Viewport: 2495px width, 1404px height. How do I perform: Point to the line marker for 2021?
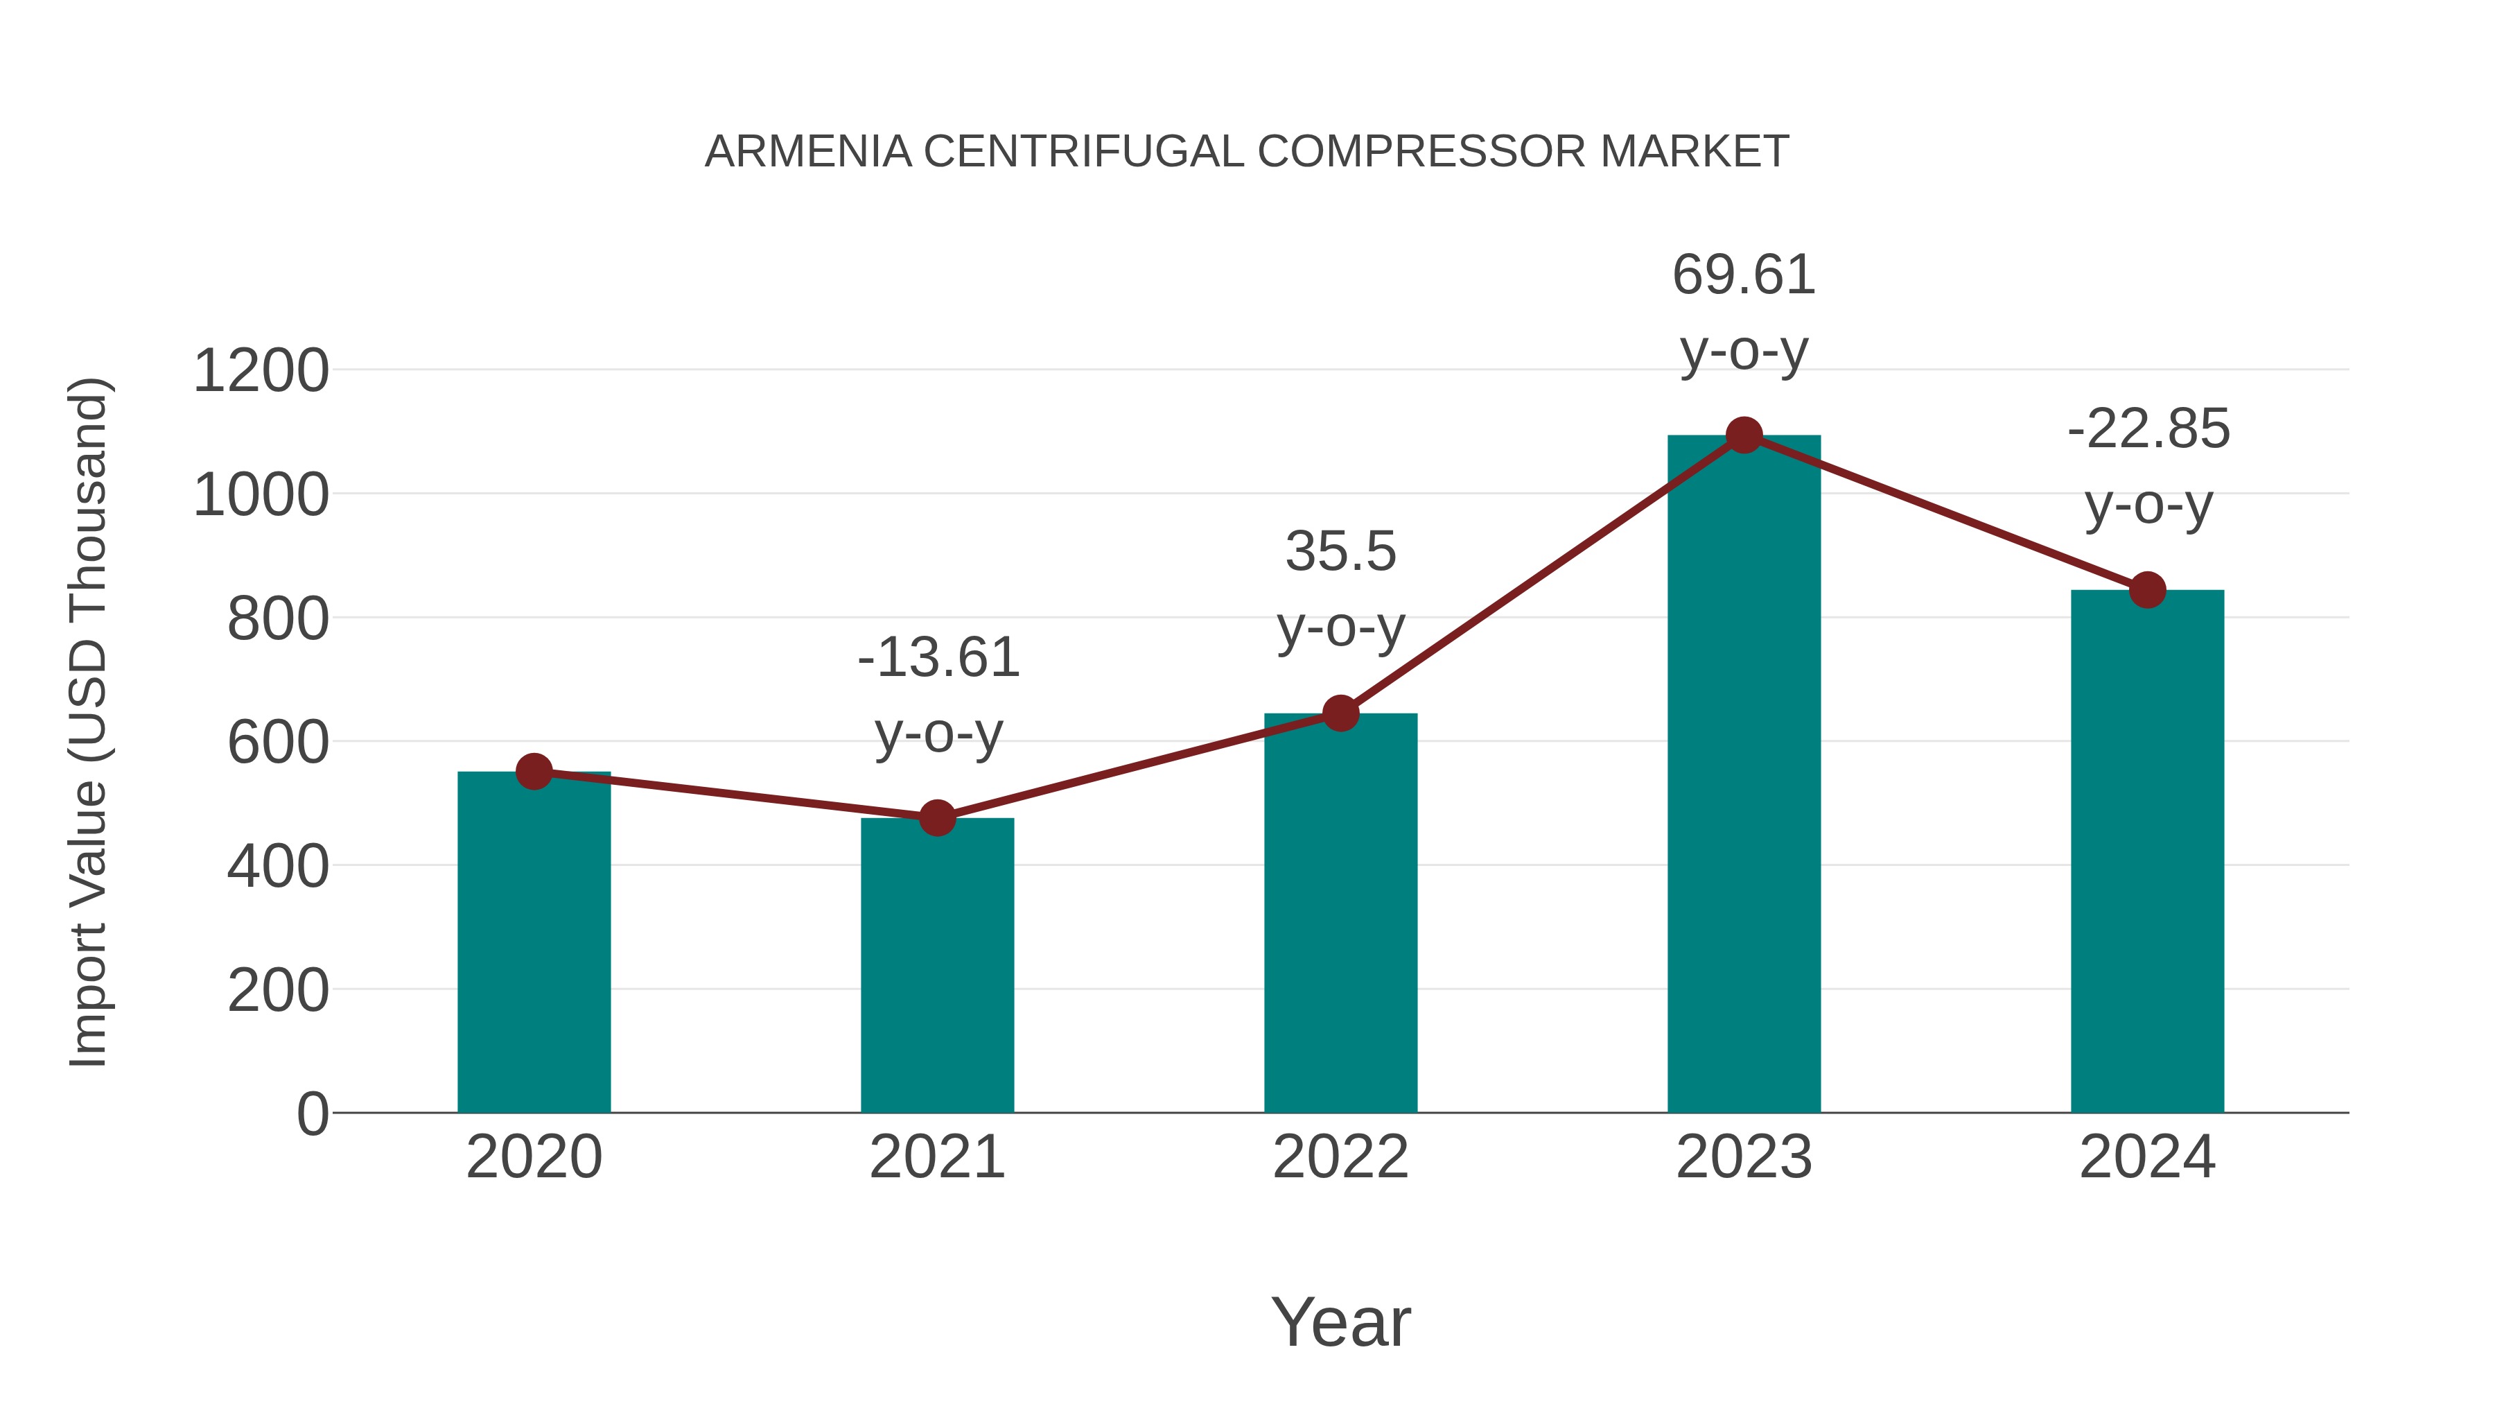pos(936,818)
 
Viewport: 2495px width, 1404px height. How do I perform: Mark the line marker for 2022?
pos(1340,713)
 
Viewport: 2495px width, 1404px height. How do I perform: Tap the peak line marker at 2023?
pos(1744,435)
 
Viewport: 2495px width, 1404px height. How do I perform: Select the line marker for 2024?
pos(2147,589)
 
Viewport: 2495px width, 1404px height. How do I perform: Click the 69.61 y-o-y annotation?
pos(1744,312)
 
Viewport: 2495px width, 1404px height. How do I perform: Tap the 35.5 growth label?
pos(1340,589)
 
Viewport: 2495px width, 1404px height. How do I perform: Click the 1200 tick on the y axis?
pos(261,371)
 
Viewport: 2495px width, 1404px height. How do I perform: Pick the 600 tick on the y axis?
pos(277,743)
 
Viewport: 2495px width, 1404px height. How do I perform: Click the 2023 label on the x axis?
pos(1744,1157)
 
